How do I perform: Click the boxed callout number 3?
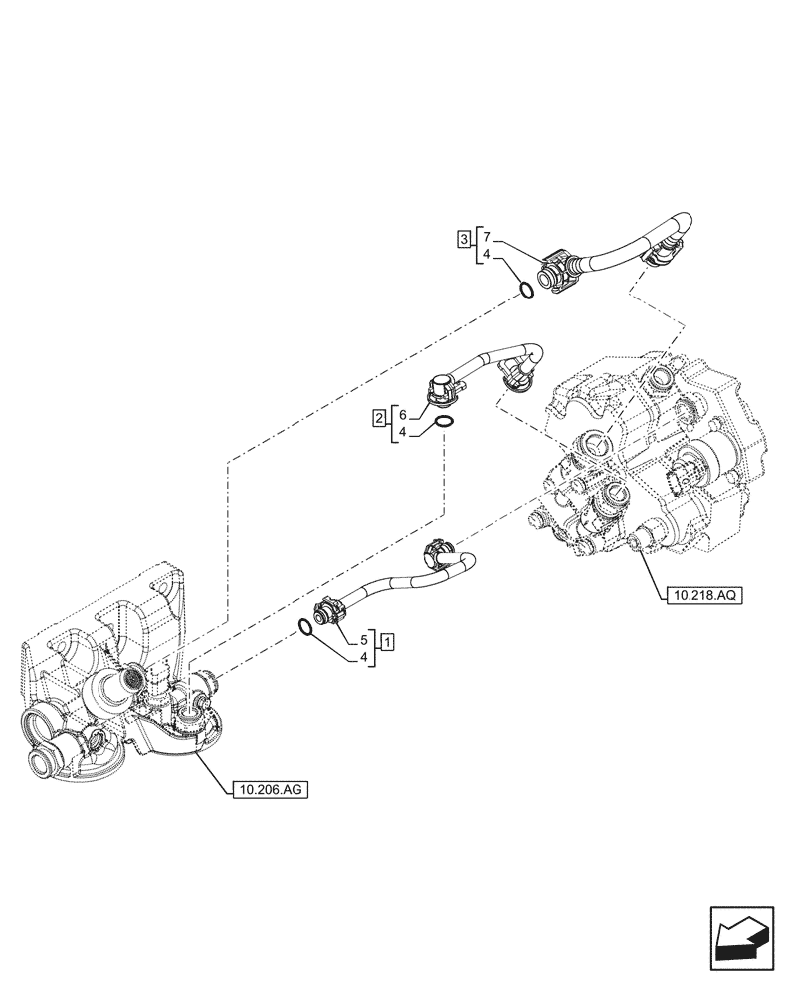coord(464,239)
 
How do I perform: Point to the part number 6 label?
coord(401,414)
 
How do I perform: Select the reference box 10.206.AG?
coord(270,790)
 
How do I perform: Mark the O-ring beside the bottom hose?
coord(309,628)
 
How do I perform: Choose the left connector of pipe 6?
coord(438,390)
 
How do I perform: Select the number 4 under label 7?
coord(485,257)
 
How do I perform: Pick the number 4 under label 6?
coord(401,435)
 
